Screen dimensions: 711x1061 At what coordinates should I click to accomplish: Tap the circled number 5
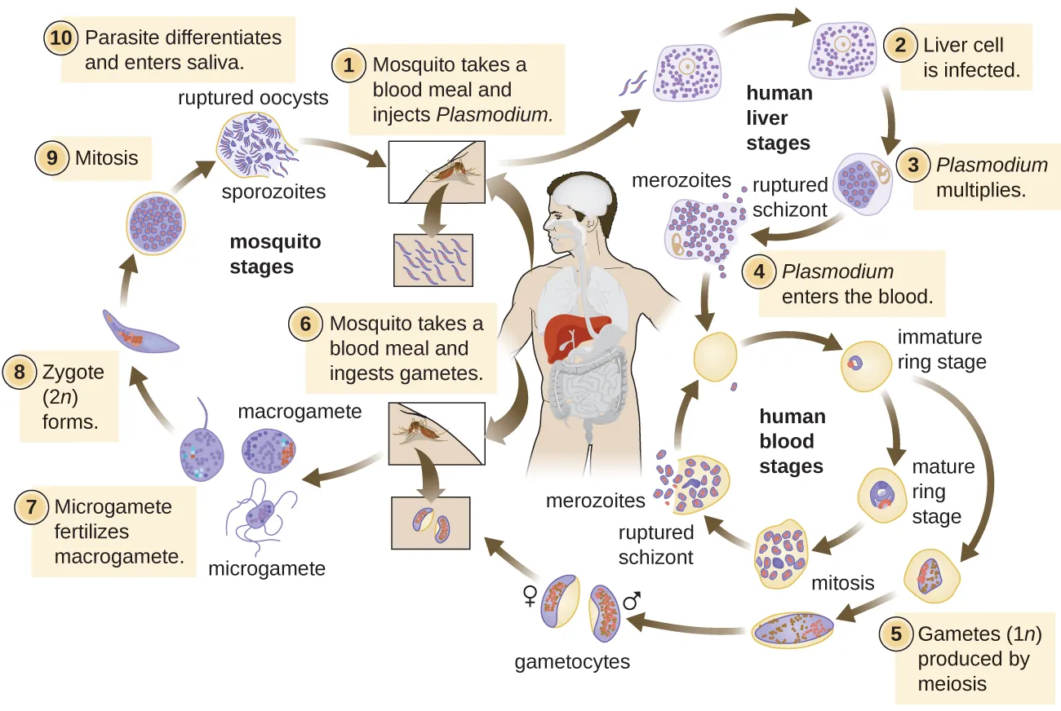[895, 634]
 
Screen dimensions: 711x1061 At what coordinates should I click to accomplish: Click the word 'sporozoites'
[273, 192]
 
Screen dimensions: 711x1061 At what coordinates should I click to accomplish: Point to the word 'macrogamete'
[299, 412]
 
